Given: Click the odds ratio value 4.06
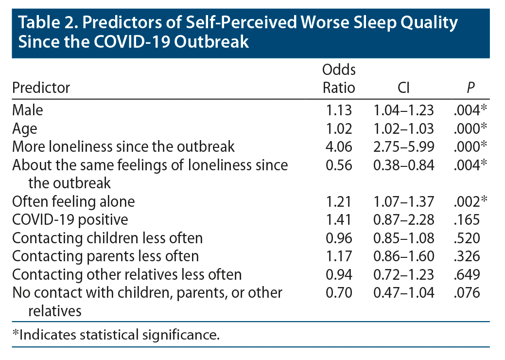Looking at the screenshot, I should pyautogui.click(x=339, y=146).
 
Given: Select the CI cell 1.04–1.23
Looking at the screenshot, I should pyautogui.click(x=403, y=110).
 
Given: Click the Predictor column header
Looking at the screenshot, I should pyautogui.click(x=41, y=88).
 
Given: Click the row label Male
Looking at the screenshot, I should pyautogui.click(x=28, y=110).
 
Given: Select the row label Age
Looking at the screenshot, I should pyautogui.click(x=24, y=128).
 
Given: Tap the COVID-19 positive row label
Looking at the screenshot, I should pyautogui.click(x=70, y=219).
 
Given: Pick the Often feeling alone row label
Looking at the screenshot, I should pyautogui.click(x=73, y=201).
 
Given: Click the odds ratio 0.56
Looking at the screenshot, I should pyautogui.click(x=339, y=165).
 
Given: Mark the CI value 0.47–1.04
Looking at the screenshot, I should pyautogui.click(x=403, y=292).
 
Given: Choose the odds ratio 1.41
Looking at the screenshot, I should pyautogui.click(x=339, y=219).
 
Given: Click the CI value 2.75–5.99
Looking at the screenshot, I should pyautogui.click(x=403, y=146).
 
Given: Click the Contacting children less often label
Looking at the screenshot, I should pyautogui.click(x=107, y=238).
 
